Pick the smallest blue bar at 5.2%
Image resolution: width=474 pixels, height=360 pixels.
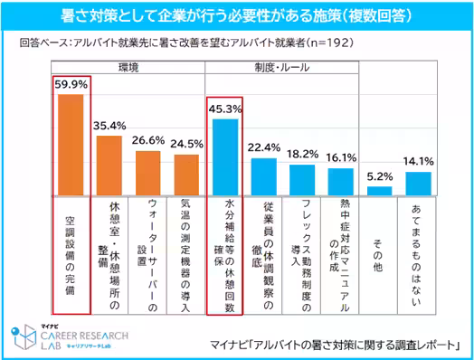[x=380, y=191]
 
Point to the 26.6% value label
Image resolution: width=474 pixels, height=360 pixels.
[x=147, y=141]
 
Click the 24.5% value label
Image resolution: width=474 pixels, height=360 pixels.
[x=186, y=143]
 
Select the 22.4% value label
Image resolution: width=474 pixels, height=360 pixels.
[x=264, y=147]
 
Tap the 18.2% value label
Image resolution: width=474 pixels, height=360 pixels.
[x=302, y=155]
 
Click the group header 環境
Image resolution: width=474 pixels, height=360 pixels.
[x=128, y=67]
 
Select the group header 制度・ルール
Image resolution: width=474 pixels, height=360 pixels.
[x=282, y=67]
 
